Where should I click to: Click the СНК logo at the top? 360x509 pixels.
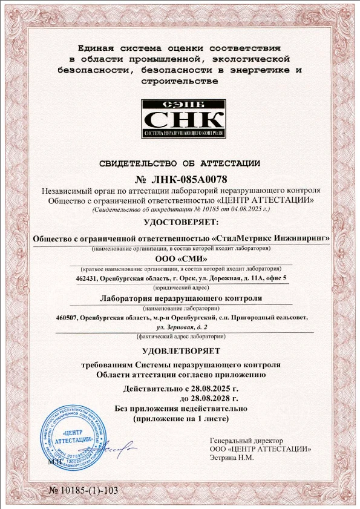183,115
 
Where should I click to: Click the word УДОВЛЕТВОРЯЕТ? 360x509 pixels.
180,351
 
